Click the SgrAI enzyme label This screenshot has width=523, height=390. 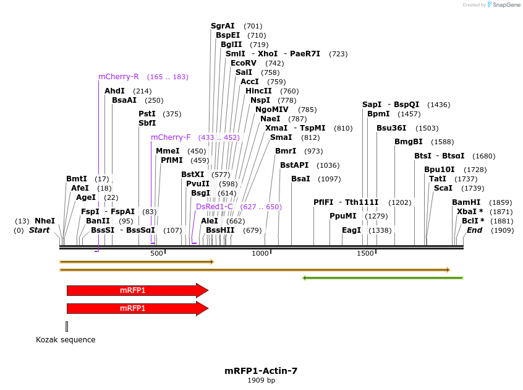pos(223,26)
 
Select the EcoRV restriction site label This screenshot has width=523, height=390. pos(243,63)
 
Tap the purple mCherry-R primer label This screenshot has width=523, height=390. pos(119,77)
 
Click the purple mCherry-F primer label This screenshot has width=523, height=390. pos(171,137)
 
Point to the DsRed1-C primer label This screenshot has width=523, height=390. pos(215,207)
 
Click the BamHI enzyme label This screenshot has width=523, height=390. pos(466,202)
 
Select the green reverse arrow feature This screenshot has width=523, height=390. pos(383,278)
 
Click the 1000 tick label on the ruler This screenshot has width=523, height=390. pos(261,253)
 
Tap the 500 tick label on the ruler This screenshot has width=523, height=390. pos(156,253)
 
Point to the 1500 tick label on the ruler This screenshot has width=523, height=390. pos(366,253)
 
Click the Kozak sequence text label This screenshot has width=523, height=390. pos(66,340)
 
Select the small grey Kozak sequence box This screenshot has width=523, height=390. pos(67,326)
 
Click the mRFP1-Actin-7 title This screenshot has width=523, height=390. pos(261,371)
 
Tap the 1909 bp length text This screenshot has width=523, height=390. pos(261,380)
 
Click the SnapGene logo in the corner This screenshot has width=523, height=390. pos(503,5)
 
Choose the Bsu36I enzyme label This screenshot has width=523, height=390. pos(390,128)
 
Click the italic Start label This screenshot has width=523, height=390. pos(39,230)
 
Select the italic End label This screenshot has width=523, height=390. pos(474,230)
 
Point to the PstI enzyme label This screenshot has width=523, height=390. pos(147,114)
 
